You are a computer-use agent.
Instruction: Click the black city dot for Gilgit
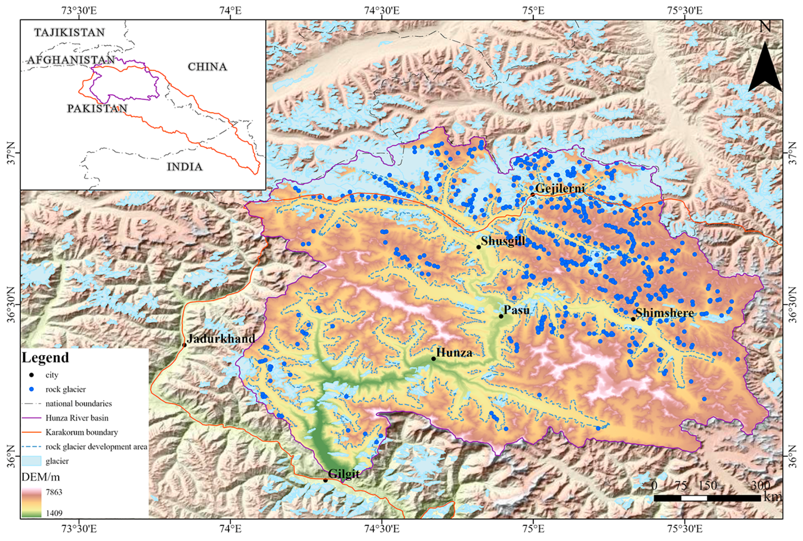coord(325,480)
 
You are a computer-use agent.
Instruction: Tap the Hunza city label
coord(454,353)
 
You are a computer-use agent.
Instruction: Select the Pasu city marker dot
coord(501,316)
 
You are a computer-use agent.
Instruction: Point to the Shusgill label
coord(503,241)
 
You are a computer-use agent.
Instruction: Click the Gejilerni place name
coord(560,188)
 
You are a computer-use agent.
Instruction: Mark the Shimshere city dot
coord(633,319)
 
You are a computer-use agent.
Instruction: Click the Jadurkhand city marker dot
coord(184,345)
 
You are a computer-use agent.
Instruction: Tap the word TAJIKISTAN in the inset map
coord(70,33)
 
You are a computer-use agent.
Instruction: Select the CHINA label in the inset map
coord(207,67)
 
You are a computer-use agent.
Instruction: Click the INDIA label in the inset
coord(185,167)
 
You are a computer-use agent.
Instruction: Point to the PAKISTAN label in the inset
coord(97,108)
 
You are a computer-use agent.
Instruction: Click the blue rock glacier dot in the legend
coord(32,389)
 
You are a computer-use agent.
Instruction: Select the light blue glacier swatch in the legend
coord(31,461)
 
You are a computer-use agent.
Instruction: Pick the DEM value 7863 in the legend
coord(54,492)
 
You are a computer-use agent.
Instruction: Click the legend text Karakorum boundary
coord(81,432)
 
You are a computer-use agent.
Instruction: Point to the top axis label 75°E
coord(533,10)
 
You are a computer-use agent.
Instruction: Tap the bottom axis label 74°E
coord(230,528)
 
